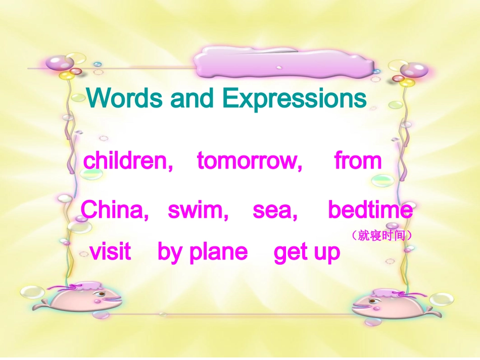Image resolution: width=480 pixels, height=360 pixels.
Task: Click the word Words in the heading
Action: [125, 98]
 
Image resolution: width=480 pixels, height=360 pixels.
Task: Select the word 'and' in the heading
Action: [193, 98]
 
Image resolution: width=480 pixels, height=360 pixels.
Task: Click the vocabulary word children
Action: [128, 161]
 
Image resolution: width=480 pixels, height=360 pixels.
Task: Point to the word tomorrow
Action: [250, 161]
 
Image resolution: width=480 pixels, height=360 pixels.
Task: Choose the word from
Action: [358, 161]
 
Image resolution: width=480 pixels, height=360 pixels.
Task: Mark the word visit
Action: [110, 251]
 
